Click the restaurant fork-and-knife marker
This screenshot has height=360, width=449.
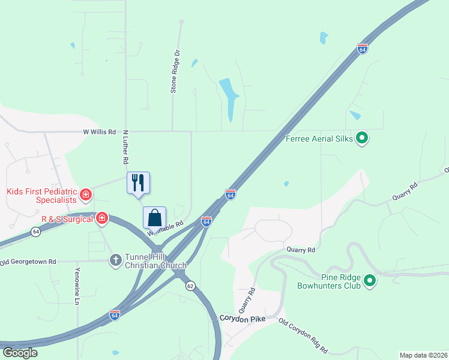coord(138,182)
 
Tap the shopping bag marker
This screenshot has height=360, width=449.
coord(154,217)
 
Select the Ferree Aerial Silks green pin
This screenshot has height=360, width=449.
coord(362,139)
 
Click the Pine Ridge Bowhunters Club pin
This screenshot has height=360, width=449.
coord(370,280)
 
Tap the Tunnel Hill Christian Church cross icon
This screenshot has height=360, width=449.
coord(115,260)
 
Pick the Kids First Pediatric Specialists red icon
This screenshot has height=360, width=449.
coord(86,194)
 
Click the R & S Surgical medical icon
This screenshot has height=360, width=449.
coord(102,218)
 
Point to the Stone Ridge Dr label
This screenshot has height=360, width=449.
coord(175,71)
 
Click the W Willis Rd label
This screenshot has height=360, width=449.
coord(99,131)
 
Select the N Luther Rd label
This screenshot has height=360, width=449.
coord(126,148)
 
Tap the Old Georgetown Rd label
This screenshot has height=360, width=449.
coord(28,262)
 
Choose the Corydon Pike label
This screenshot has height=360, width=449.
coord(242,319)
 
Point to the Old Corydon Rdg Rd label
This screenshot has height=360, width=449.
coord(303,336)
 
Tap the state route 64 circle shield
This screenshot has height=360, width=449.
coord(36,232)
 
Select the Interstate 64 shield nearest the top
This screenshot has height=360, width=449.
coord(362,49)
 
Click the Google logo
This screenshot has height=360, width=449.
coord(20,352)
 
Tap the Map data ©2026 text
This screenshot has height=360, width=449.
coord(423,355)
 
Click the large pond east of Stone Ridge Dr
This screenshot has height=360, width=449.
coord(229,96)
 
